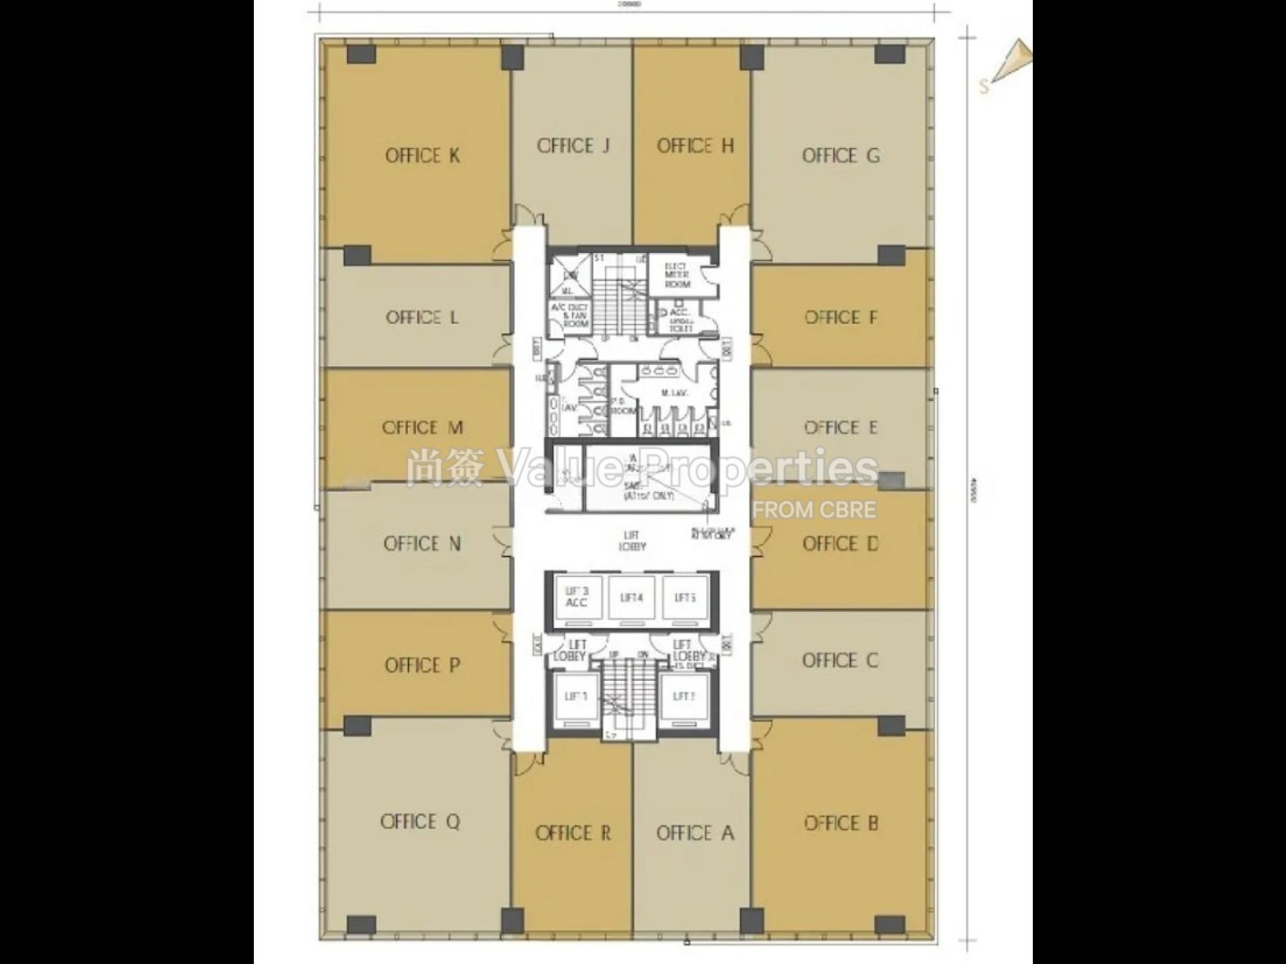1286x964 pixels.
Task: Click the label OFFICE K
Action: [422, 156]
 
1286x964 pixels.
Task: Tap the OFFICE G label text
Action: [841, 156]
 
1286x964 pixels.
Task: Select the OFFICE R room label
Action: [573, 833]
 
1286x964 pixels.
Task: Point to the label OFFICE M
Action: [422, 428]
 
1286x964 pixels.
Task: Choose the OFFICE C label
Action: [840, 661]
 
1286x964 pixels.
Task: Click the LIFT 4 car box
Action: [632, 598]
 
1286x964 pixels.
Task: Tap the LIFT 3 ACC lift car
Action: [576, 598]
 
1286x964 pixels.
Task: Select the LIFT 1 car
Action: [575, 698]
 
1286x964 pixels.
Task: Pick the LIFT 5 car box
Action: [685, 598]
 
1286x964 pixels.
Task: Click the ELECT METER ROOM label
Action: [676, 275]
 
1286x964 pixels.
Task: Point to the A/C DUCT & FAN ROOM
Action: [569, 315]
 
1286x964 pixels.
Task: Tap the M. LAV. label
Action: [674, 394]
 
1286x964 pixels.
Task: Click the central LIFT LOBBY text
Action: [632, 541]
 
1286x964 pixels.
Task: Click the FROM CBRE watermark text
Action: [814, 510]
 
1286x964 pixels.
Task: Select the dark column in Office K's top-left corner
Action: [361, 54]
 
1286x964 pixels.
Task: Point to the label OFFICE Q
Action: [420, 822]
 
